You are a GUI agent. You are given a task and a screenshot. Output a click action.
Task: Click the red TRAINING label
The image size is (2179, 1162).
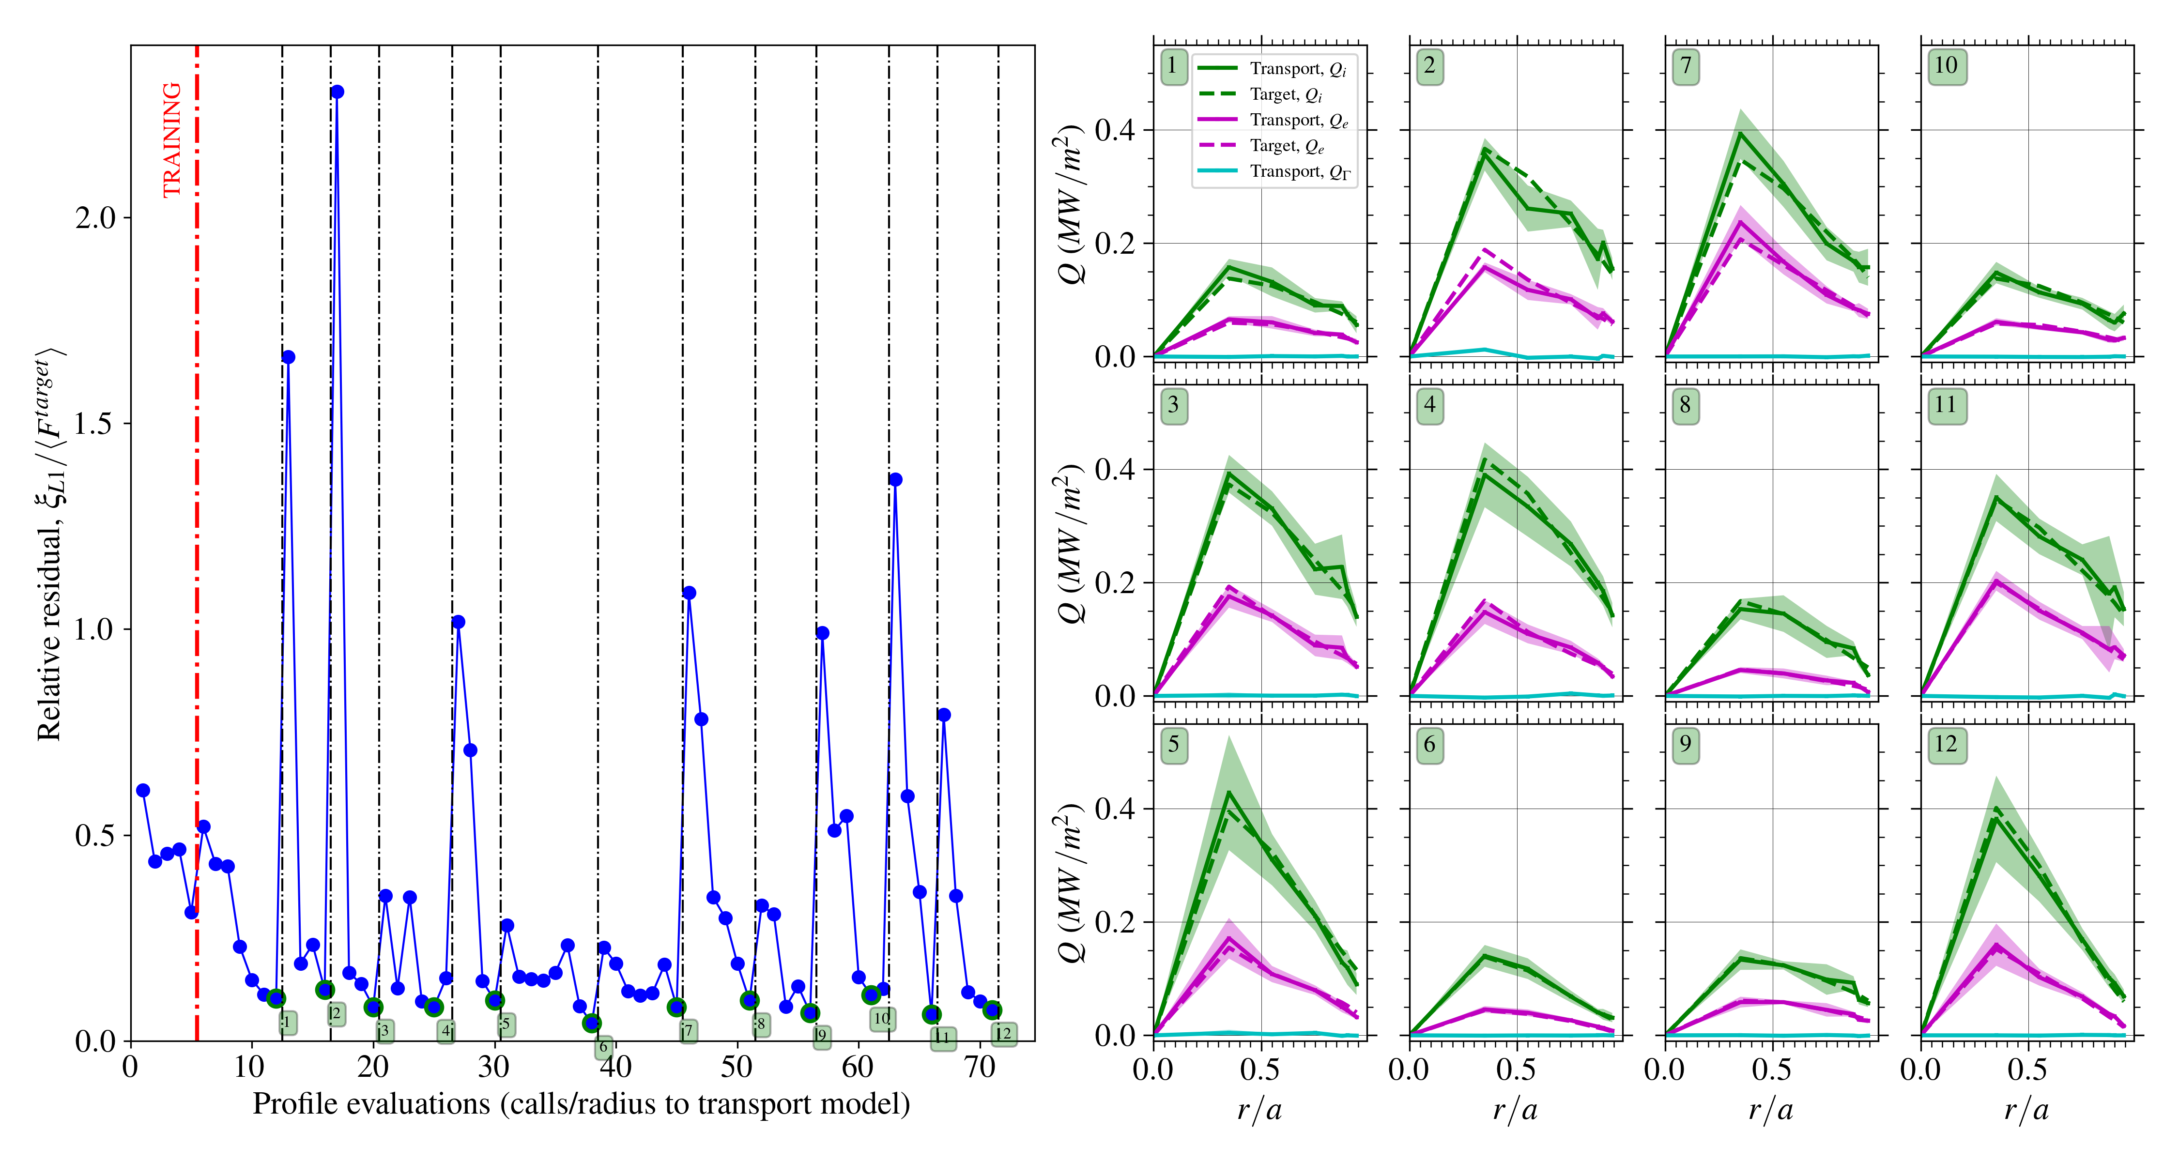172,139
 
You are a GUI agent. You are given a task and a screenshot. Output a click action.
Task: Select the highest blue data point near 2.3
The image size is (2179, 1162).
337,92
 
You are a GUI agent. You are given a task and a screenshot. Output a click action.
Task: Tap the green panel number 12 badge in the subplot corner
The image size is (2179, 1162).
1946,744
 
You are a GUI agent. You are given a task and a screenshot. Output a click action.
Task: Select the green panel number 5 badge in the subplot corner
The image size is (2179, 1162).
1173,744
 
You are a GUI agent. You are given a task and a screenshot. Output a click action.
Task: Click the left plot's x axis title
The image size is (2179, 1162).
581,1103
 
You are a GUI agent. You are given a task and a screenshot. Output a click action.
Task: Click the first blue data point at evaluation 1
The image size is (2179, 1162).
143,790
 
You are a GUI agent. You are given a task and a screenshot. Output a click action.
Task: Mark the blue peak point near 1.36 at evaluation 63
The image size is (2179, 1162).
895,479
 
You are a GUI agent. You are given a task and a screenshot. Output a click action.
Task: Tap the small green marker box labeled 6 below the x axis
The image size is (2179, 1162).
603,1047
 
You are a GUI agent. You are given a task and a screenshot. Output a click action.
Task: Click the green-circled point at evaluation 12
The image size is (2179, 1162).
276,998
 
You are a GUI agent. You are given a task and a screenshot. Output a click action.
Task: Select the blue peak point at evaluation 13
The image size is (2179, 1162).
289,357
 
